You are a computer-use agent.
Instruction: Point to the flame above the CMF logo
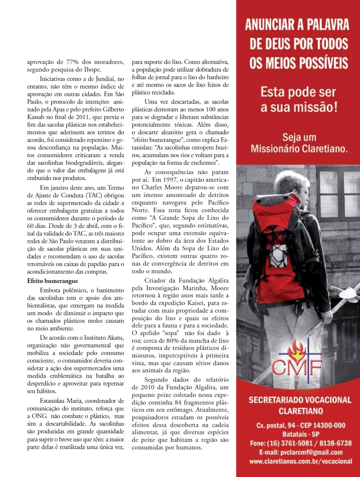(x=296, y=349)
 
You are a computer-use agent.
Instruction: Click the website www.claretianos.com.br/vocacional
(x=301, y=461)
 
